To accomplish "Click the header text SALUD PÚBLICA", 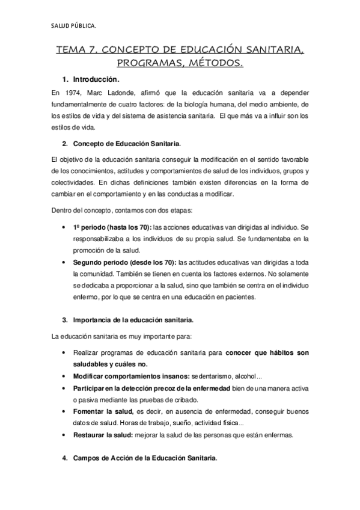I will click(74, 25).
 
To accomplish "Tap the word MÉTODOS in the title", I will click(215, 63).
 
